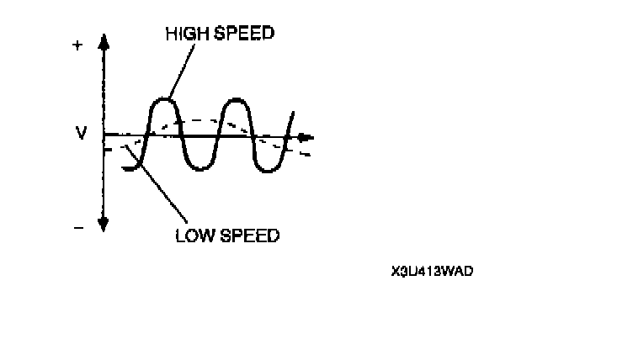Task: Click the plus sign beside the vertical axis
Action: [x=78, y=46]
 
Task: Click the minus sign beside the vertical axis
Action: [x=78, y=227]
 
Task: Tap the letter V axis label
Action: [x=82, y=134]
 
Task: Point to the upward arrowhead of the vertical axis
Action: [x=104, y=43]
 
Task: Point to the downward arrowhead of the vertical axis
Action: [x=104, y=224]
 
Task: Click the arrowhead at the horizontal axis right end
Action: [x=310, y=136]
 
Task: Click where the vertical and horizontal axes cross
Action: [x=104, y=135]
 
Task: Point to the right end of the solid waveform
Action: [x=294, y=111]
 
